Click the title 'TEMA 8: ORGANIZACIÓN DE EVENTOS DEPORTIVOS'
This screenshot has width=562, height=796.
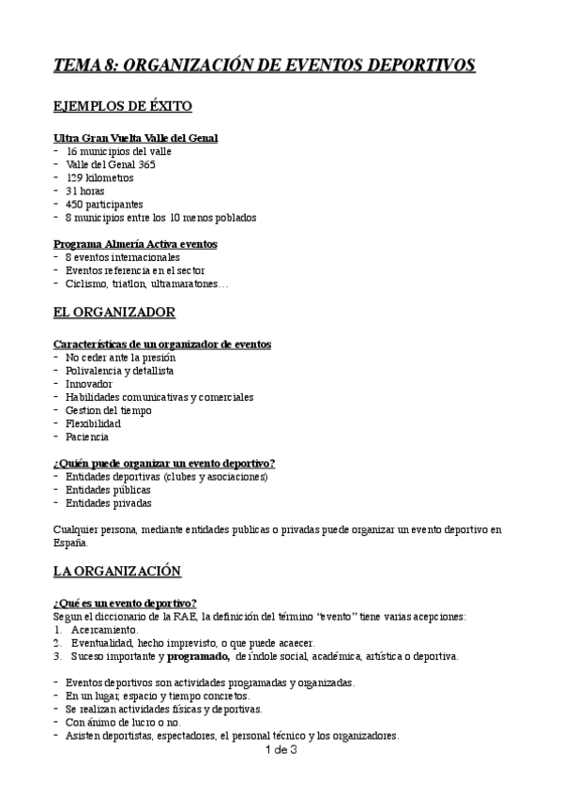pos(265,65)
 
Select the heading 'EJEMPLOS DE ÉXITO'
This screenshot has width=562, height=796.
pos(123,106)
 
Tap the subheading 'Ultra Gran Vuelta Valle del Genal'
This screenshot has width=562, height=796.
pos(136,138)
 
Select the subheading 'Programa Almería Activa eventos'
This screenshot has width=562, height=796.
pos(135,243)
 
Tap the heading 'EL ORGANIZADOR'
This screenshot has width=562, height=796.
pos(114,312)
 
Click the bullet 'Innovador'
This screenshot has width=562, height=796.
pos(89,384)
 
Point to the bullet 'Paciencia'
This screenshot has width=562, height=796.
pos(87,436)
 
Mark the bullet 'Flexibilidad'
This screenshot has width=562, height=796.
pos(93,423)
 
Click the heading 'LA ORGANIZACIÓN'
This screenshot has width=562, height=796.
pos(117,570)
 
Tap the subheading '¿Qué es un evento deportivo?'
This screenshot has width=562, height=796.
pos(125,603)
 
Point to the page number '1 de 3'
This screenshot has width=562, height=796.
pos(281,750)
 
